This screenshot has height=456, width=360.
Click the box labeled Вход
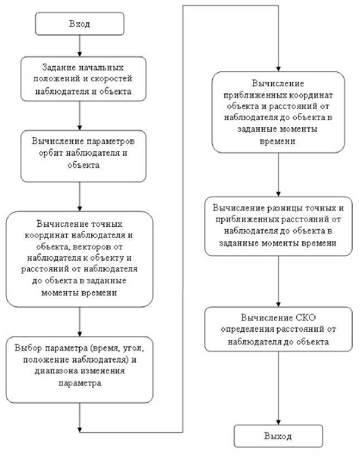[x=79, y=24]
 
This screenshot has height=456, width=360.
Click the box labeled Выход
[x=278, y=436]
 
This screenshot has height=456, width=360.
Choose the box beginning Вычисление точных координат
[x=79, y=259]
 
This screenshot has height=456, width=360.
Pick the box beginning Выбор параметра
[x=79, y=369]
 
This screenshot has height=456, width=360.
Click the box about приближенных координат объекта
[x=278, y=112]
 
